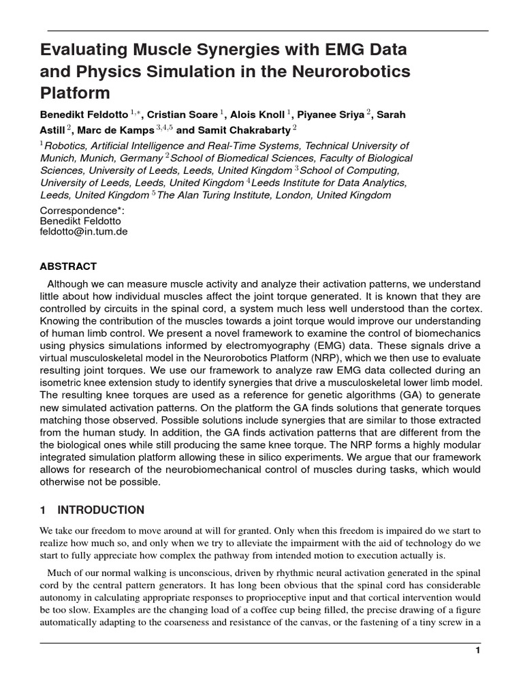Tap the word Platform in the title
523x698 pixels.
coord(75,92)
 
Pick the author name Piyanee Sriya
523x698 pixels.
coord(331,115)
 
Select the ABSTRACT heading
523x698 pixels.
coord(68,267)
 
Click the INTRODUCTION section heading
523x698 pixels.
coord(101,510)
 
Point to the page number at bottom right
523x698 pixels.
coord(478,651)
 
